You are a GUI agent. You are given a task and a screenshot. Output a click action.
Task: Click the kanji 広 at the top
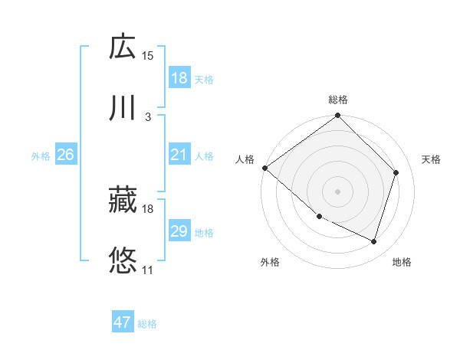[x=123, y=47]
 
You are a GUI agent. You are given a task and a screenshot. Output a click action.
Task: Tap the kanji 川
[x=123, y=108]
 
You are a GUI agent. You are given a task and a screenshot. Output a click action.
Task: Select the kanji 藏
[x=123, y=200]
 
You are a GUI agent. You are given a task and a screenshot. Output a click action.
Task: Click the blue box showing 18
[x=179, y=78]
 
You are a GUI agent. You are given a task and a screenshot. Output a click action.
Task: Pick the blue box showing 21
[x=179, y=155]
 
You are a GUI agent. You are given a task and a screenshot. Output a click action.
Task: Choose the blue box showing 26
[x=65, y=155]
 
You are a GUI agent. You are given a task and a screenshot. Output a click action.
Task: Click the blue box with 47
[x=123, y=322]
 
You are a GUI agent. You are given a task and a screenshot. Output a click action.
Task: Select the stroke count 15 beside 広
[x=148, y=55]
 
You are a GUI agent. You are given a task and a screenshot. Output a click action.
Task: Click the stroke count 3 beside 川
[x=148, y=116]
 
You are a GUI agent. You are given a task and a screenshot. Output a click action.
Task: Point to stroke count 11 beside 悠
[x=148, y=270]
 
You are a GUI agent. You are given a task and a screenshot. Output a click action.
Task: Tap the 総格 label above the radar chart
[x=338, y=100]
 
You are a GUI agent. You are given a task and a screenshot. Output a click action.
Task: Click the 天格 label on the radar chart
[x=432, y=159]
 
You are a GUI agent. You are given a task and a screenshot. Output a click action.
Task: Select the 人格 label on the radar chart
[x=245, y=159]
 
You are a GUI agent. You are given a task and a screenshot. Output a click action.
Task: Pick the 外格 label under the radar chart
[x=270, y=263]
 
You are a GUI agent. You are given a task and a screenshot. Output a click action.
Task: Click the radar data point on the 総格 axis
[x=338, y=116]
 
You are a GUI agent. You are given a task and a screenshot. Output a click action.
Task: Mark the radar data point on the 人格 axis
[x=265, y=168]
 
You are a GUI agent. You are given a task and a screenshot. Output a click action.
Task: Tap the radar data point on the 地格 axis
[x=374, y=241]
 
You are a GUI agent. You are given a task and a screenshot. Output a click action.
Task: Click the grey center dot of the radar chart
[x=338, y=191]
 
